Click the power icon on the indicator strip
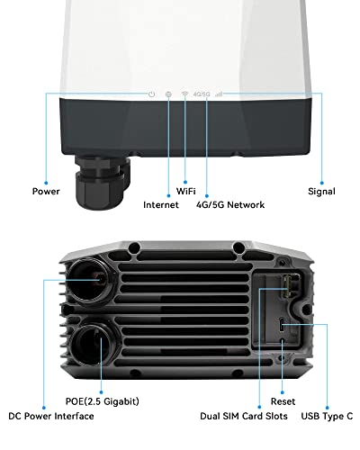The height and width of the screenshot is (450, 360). [151, 94]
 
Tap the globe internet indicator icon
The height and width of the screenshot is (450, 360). [168, 94]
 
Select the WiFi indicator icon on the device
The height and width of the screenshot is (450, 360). [184, 94]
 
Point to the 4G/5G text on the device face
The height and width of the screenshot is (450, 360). [202, 94]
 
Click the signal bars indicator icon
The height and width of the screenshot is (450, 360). [219, 94]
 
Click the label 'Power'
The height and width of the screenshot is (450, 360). [46, 191]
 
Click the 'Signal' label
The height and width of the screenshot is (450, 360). [320, 191]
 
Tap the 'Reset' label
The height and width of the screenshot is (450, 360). [272, 404]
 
